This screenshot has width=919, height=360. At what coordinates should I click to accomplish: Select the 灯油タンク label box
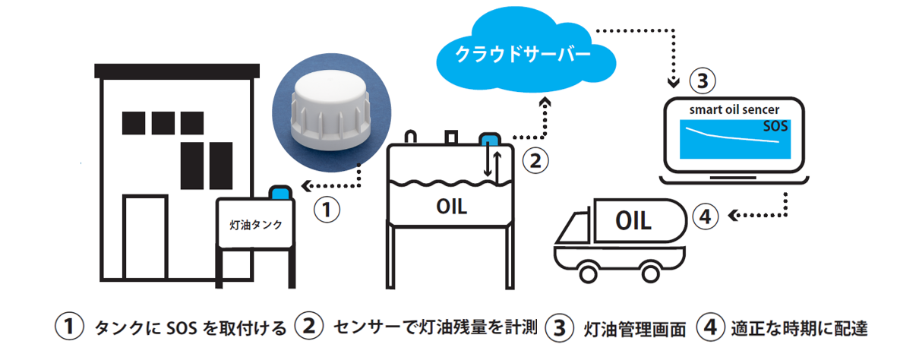(x=256, y=224)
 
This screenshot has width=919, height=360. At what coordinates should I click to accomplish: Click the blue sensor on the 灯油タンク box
(x=283, y=191)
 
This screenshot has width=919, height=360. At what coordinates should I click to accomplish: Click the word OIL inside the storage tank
(x=451, y=206)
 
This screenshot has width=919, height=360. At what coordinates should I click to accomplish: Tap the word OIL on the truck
(x=632, y=223)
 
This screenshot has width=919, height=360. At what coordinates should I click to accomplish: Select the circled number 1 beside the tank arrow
(x=327, y=210)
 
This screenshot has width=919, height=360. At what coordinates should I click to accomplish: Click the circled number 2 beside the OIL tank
(x=535, y=160)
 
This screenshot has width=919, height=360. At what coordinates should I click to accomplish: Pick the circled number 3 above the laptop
(x=701, y=79)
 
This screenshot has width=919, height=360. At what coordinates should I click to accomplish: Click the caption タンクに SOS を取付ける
(x=190, y=328)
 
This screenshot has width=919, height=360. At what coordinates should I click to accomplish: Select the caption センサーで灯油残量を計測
(x=436, y=327)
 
